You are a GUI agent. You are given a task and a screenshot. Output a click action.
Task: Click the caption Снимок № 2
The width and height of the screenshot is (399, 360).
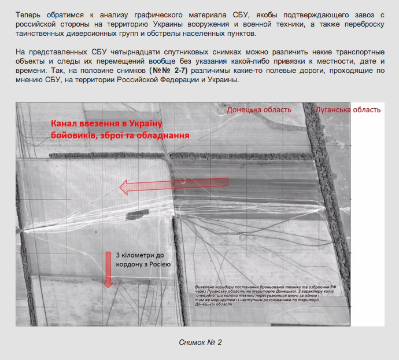[200, 343]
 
